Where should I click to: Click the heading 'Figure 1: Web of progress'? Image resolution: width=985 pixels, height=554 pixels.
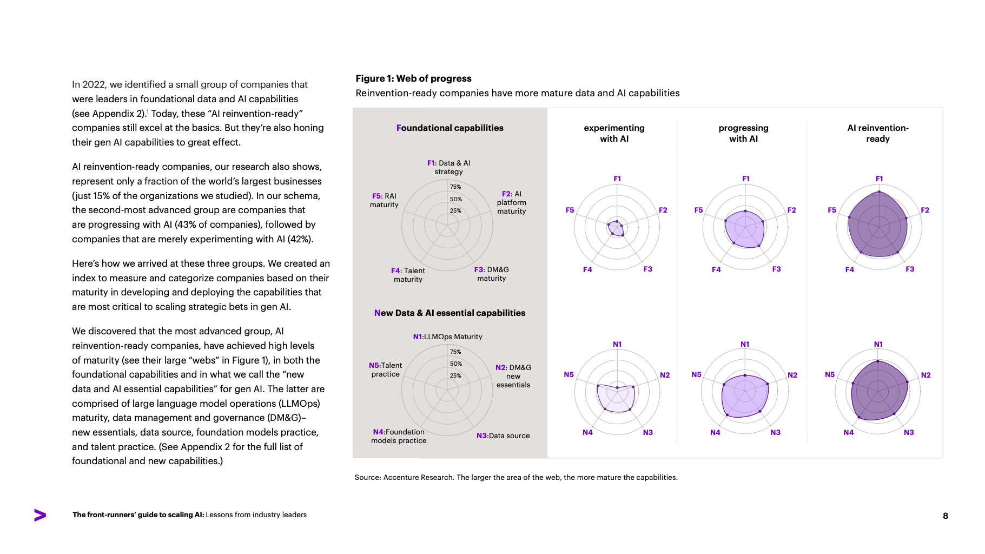(x=413, y=78)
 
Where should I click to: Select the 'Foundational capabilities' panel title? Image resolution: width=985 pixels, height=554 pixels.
(x=449, y=128)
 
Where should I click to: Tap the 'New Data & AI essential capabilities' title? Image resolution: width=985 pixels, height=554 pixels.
(x=449, y=313)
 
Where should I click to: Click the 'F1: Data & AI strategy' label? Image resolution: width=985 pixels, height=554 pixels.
(x=448, y=167)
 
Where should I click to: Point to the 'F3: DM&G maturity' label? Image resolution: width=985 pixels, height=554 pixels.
(x=491, y=274)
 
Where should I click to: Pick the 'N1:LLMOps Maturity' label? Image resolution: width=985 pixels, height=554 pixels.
(x=447, y=337)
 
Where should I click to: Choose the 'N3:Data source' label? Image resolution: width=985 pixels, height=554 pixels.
(x=503, y=436)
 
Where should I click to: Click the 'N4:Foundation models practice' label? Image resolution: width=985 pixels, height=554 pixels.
(x=399, y=436)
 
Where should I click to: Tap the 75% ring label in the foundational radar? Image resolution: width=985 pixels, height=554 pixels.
(x=455, y=187)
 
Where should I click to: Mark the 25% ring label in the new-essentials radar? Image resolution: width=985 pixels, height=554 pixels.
(x=455, y=375)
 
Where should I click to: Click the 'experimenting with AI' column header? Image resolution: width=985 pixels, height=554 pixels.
(x=614, y=133)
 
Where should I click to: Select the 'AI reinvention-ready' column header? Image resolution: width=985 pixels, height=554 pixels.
(x=877, y=133)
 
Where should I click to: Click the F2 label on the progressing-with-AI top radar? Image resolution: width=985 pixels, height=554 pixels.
(x=791, y=210)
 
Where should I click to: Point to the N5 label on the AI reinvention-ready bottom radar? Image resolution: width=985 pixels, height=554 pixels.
(x=829, y=374)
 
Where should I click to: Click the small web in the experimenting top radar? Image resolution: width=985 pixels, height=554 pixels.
(x=616, y=228)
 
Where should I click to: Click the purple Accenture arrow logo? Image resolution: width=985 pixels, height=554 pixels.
(x=40, y=515)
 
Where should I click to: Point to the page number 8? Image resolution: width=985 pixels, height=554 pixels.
(x=945, y=516)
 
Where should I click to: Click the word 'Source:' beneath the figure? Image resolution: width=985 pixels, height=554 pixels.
(x=368, y=477)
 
